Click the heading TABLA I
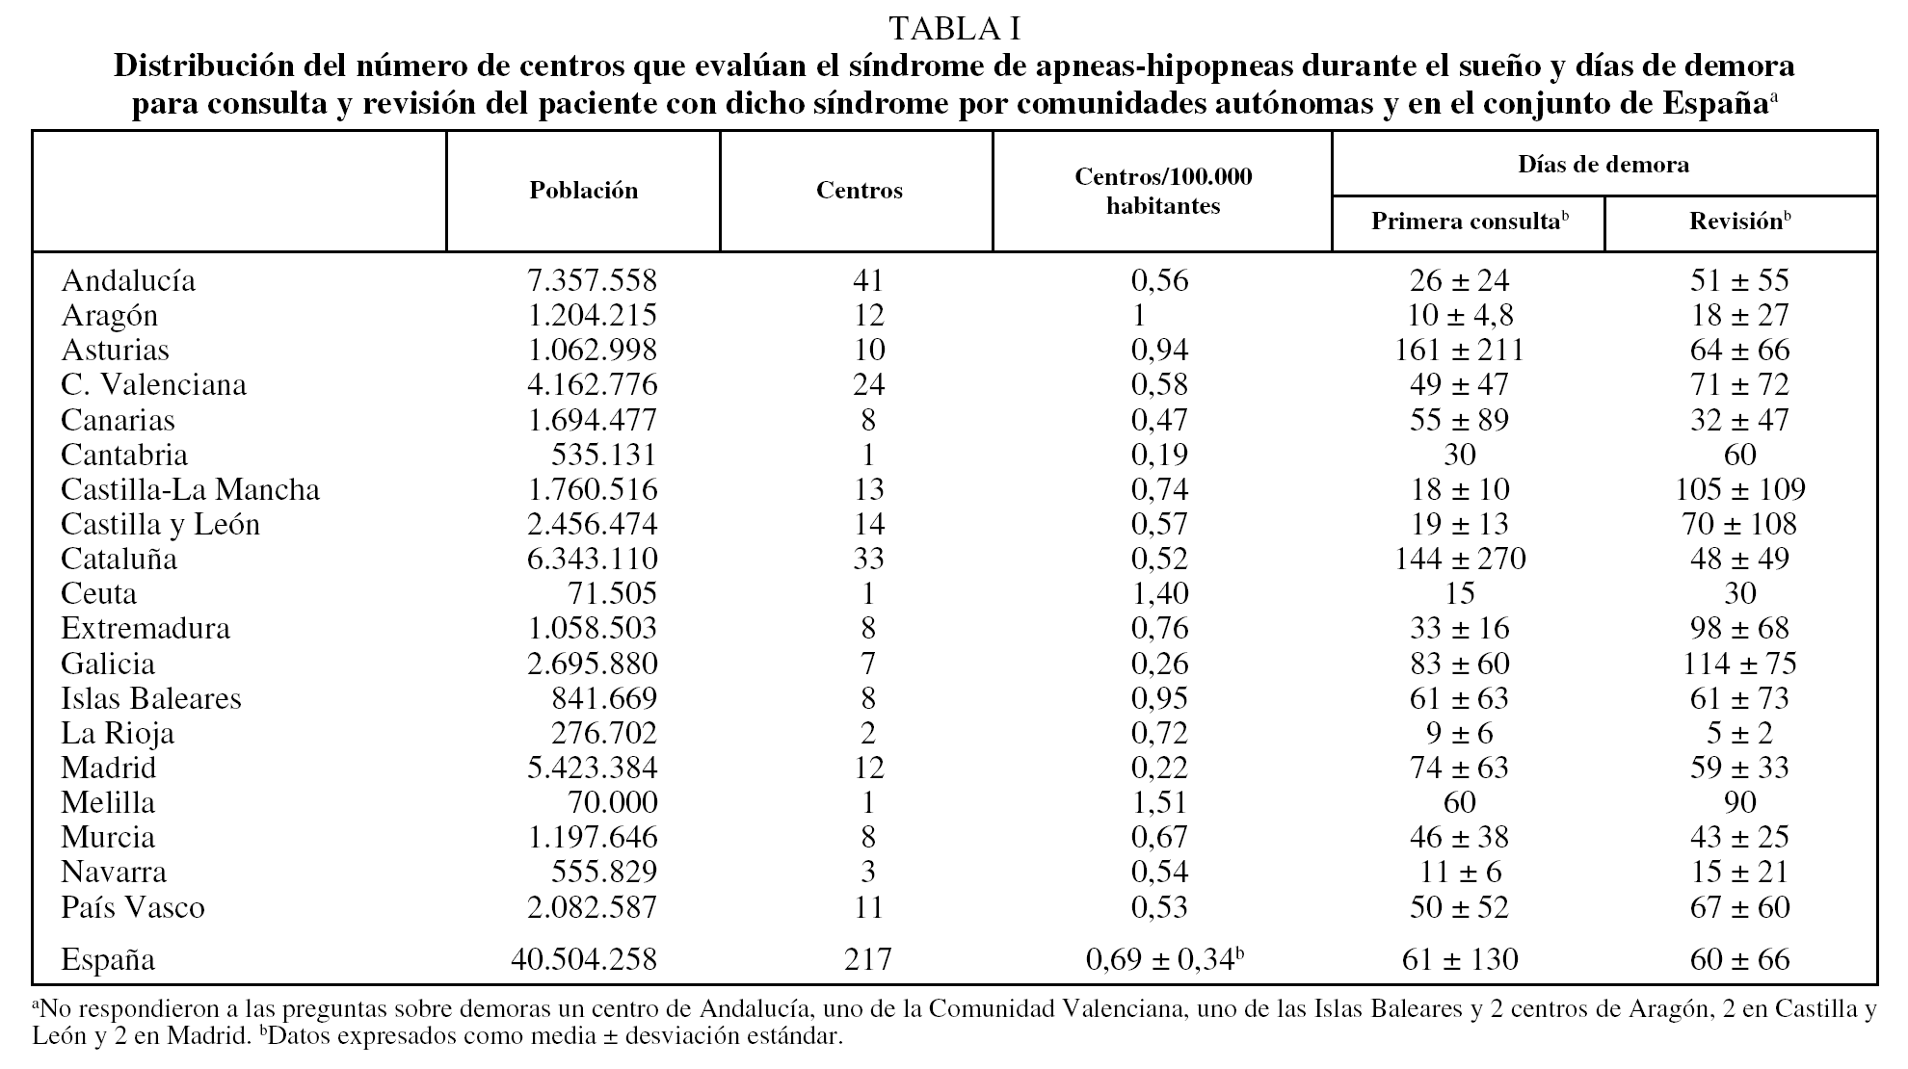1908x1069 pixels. (954, 29)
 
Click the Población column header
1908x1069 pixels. (583, 191)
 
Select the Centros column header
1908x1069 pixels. (859, 191)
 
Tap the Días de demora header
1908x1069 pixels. (1603, 165)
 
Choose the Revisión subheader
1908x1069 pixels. (1739, 222)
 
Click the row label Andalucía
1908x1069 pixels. (128, 280)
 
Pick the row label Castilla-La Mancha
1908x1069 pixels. (190, 489)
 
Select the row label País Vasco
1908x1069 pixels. (133, 907)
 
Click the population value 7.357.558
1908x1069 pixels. (592, 280)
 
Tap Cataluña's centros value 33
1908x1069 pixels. (868, 559)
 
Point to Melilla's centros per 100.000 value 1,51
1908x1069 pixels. (1159, 802)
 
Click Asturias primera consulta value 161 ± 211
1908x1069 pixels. (1459, 350)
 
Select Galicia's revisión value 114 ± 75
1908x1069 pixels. (1739, 664)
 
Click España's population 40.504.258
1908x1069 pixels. (584, 959)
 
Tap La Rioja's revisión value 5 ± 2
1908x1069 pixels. (1739, 733)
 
